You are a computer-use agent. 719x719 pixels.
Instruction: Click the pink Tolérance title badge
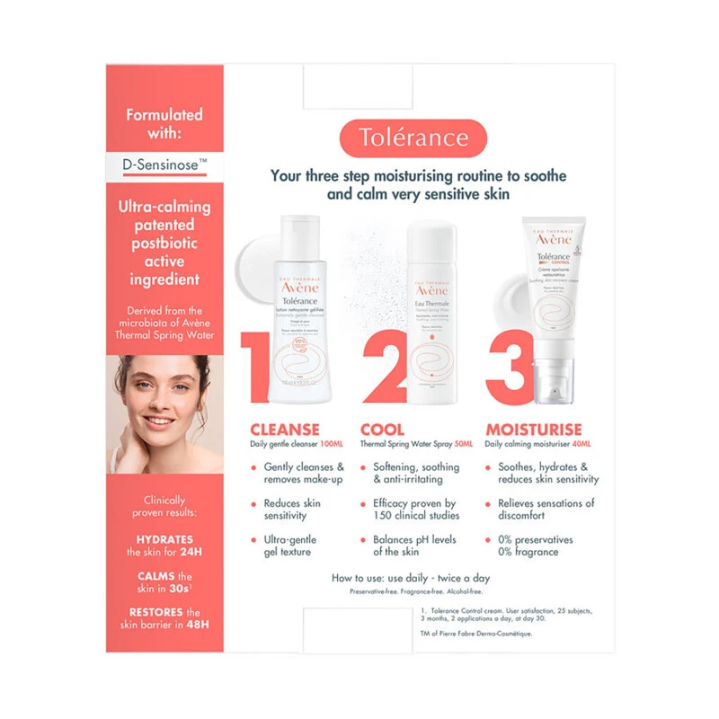(x=413, y=138)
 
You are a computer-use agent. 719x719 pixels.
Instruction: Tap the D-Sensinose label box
(x=164, y=164)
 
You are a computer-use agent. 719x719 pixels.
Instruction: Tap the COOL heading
(x=382, y=430)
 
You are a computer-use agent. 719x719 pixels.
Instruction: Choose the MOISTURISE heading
(x=534, y=430)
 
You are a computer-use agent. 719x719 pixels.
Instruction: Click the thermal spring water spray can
(x=431, y=315)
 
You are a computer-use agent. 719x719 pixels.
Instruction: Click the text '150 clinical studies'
(x=416, y=515)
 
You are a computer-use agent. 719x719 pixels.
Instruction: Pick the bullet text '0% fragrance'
(x=528, y=552)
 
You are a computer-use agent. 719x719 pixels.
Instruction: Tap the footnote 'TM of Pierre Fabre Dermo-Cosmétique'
(x=476, y=634)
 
